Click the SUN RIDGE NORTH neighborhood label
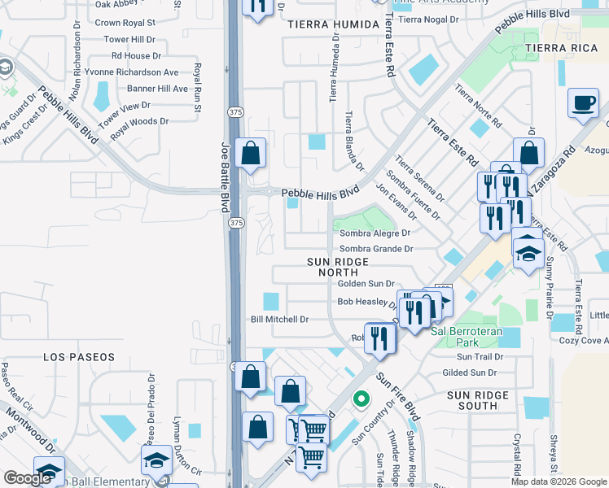(339, 268)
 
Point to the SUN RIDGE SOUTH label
(478, 400)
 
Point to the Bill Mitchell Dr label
(279, 320)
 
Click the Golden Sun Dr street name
(366, 284)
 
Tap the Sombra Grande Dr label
(376, 249)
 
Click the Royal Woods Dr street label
(139, 122)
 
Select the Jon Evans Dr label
(396, 200)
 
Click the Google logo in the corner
(28, 477)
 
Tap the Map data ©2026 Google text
(559, 481)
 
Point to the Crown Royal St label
(125, 23)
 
